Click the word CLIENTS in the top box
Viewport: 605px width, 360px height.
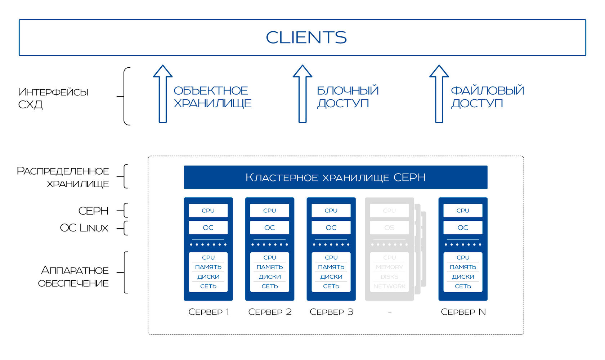coord(306,37)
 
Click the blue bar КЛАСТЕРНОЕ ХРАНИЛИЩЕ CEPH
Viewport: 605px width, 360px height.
coord(335,177)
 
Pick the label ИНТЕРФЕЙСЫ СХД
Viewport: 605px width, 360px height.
coord(53,98)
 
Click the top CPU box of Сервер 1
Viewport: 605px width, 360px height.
coord(208,211)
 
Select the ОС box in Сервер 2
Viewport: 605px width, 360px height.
coord(269,228)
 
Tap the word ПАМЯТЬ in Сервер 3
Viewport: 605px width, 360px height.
coord(331,267)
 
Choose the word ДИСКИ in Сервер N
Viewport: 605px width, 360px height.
coord(463,277)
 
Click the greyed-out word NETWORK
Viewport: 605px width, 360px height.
coord(389,286)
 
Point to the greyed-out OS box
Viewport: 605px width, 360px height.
coord(389,228)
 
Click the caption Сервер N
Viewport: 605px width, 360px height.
coord(463,312)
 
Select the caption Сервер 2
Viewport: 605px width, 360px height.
coord(270,312)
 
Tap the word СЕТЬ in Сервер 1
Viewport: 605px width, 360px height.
coord(208,286)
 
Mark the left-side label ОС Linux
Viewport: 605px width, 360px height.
coord(84,228)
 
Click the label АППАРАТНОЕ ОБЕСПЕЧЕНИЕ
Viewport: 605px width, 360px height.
coord(74,276)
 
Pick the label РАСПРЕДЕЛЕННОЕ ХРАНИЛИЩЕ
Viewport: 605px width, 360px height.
coord(63,177)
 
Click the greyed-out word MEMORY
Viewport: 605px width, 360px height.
coord(389,267)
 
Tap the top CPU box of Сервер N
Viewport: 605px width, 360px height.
coord(463,211)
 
